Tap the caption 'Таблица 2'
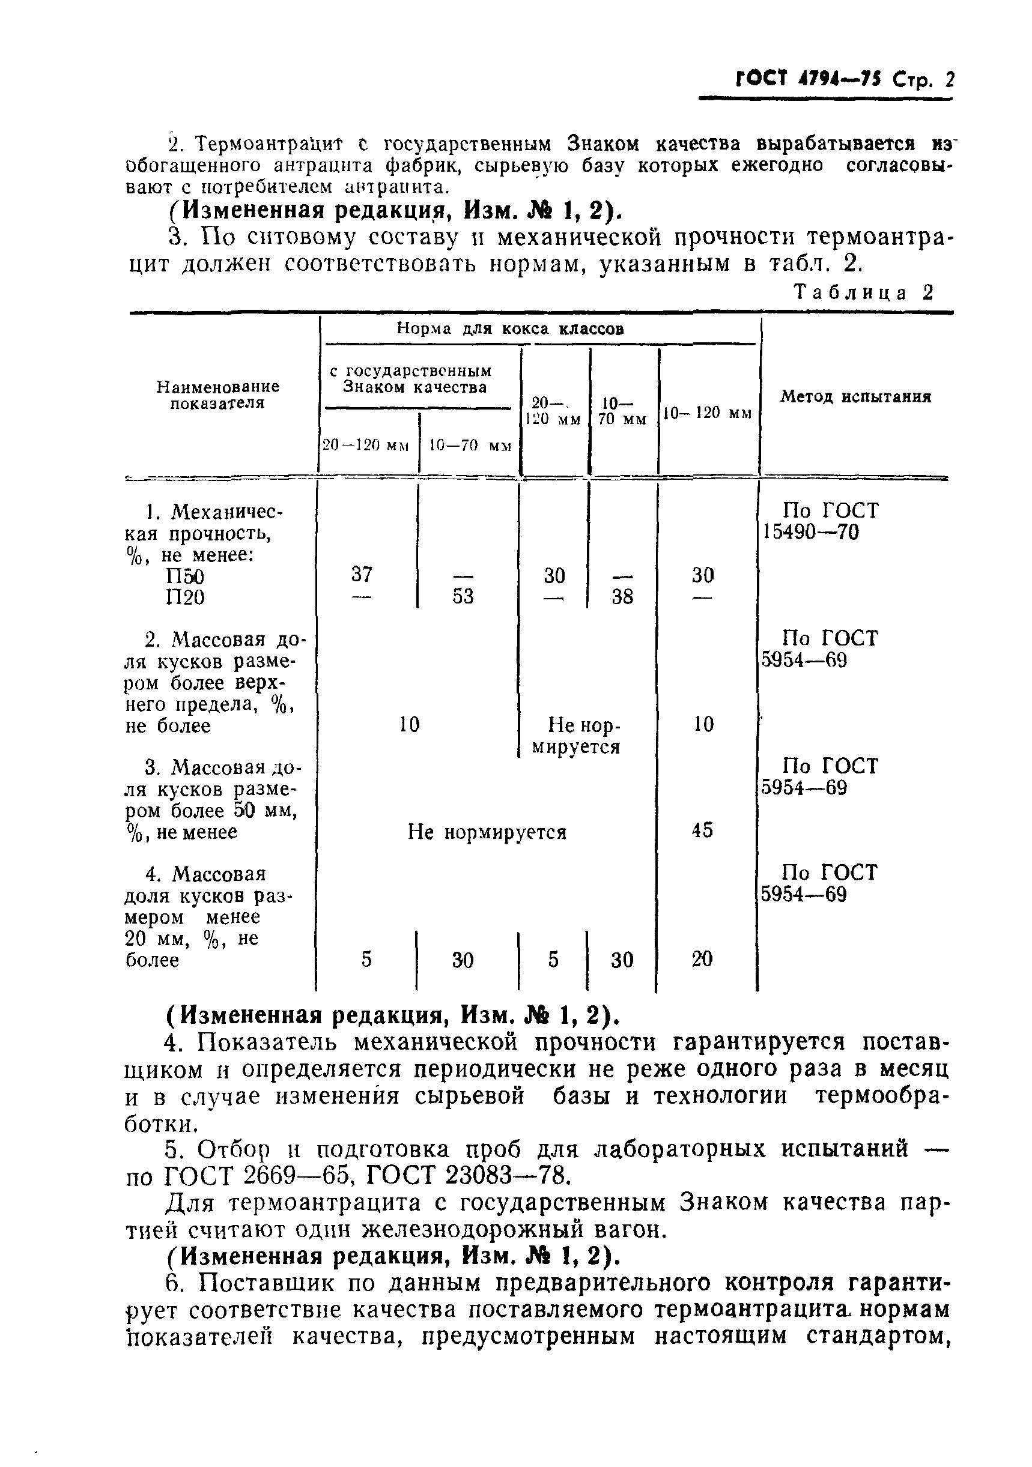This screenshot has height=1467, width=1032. click(x=863, y=292)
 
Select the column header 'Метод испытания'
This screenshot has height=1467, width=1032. click(x=855, y=397)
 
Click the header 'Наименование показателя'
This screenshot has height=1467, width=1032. click(x=218, y=395)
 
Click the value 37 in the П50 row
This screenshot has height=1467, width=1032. click(x=362, y=575)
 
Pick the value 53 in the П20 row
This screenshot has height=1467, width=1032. click(x=463, y=596)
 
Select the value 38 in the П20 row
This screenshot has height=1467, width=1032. click(x=622, y=596)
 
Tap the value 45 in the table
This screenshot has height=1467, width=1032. click(x=702, y=830)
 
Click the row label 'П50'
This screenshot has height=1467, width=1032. click(x=185, y=576)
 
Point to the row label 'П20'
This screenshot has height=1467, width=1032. click(x=185, y=597)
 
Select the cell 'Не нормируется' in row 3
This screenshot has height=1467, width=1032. click(x=487, y=832)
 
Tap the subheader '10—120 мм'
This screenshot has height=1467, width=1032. click(x=708, y=413)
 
